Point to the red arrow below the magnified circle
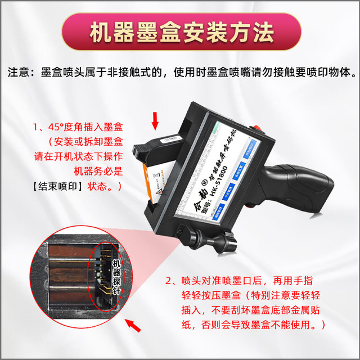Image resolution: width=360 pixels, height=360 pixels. pyautogui.click(x=133, y=325)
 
